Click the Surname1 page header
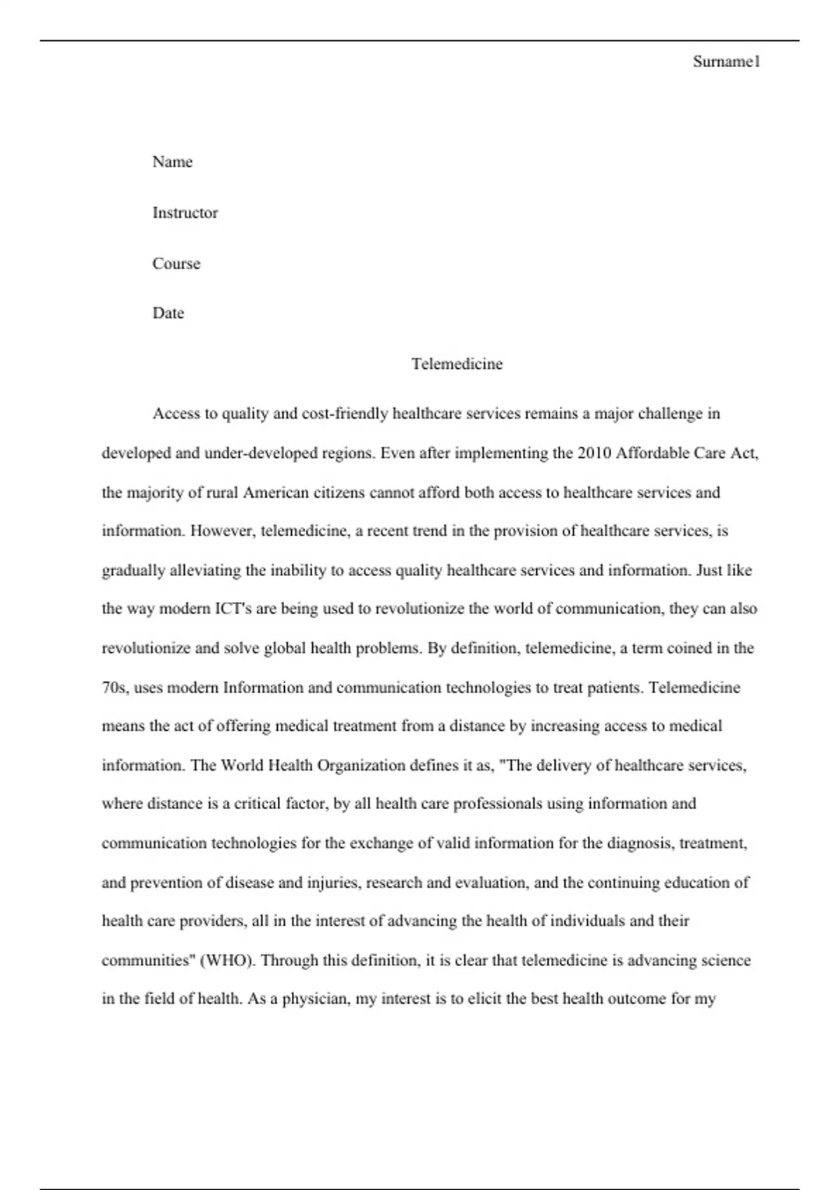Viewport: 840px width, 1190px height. point(726,62)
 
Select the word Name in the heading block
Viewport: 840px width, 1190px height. point(172,162)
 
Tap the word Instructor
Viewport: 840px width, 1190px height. point(185,213)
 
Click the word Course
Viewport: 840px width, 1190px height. point(176,264)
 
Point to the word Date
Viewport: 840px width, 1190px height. point(168,313)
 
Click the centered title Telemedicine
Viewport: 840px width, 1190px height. point(457,364)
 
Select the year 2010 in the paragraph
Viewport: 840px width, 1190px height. point(594,453)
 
